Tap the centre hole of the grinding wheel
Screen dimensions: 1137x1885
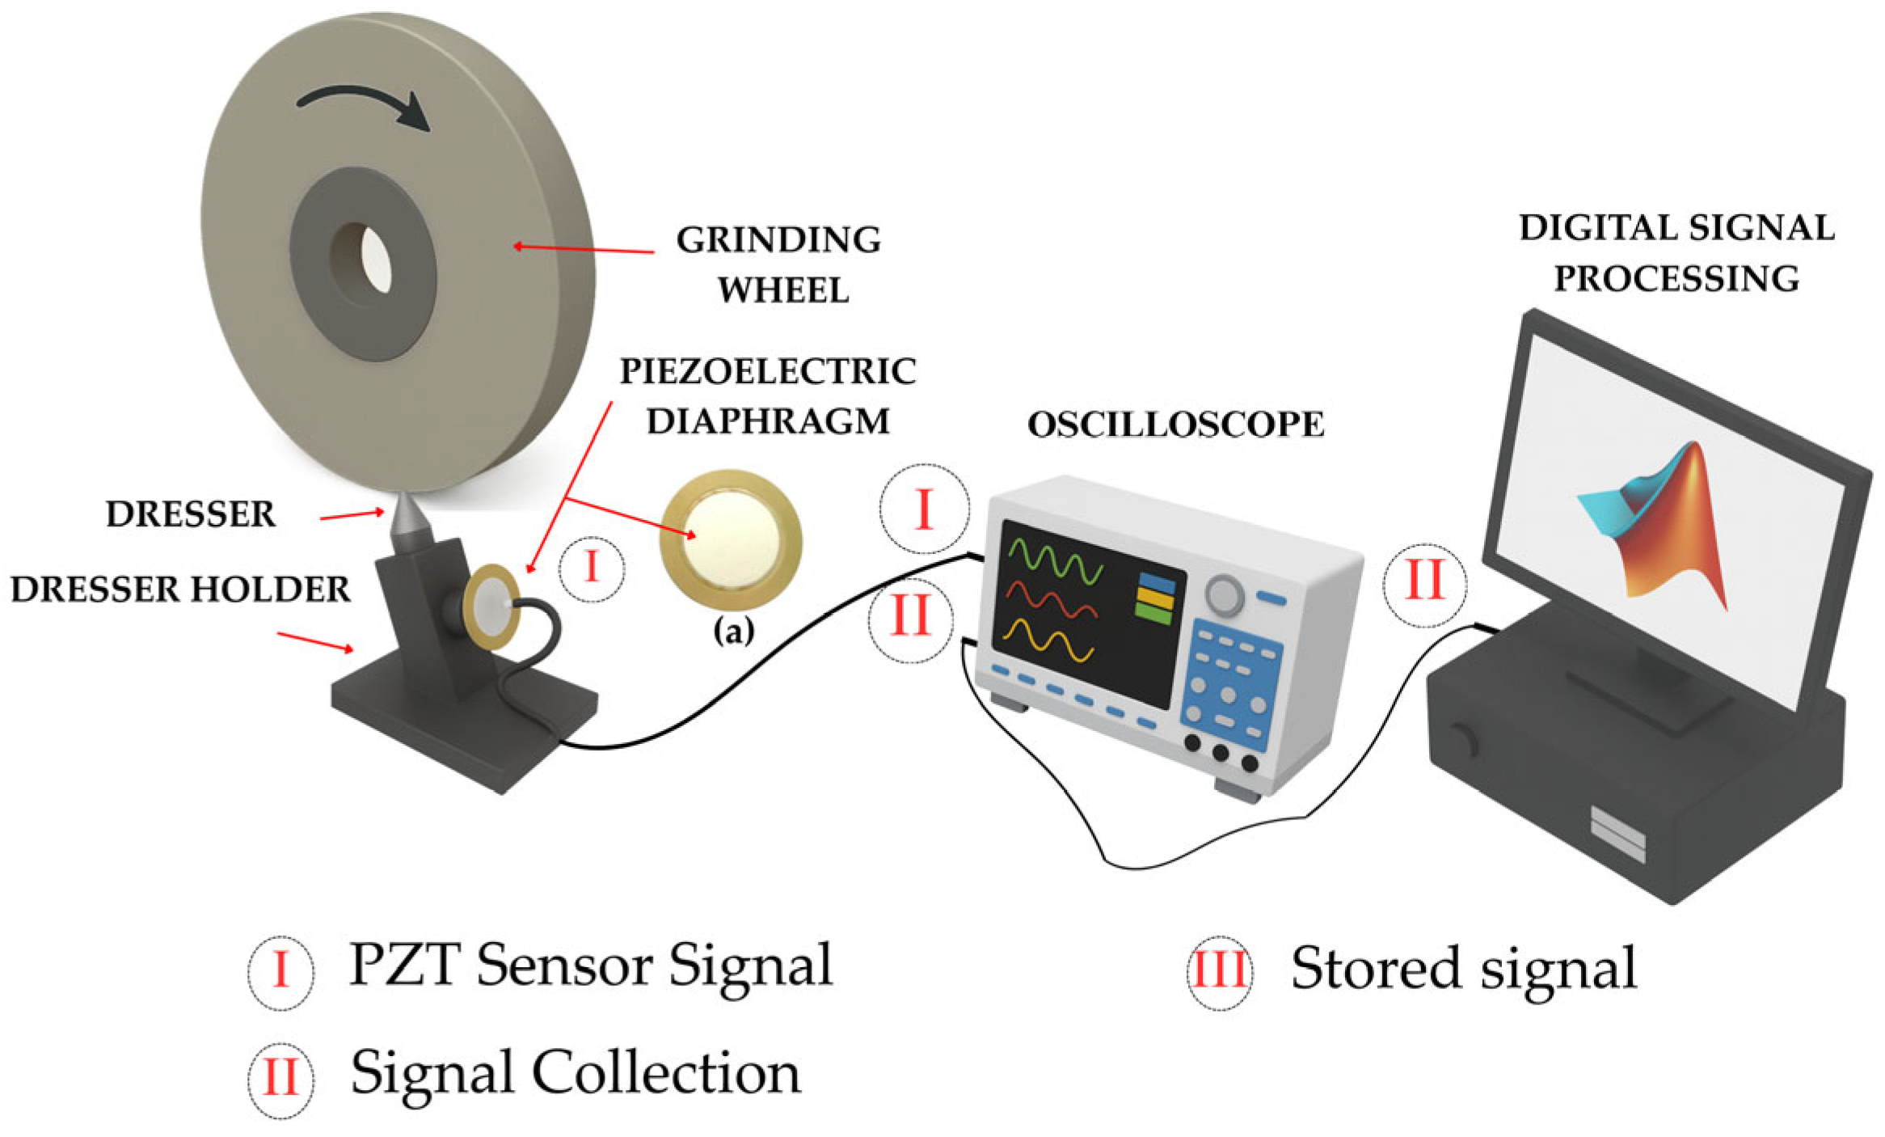(373, 258)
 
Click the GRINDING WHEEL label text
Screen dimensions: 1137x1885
(779, 264)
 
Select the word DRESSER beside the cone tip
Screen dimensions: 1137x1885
(191, 514)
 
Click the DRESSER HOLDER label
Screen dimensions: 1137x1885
(180, 589)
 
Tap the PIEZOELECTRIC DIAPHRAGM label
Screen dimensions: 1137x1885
(768, 395)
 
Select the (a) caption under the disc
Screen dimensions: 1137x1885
(733, 631)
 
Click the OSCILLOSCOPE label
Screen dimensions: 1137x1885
(1175, 425)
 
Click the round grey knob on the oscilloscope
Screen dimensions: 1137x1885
(1225, 595)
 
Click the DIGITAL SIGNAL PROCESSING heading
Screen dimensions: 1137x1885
(1676, 252)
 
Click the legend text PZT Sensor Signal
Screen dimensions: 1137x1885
(590, 966)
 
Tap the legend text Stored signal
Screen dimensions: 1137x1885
(1463, 968)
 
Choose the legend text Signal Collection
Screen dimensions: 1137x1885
(575, 1073)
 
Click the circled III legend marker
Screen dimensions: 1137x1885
(1219, 970)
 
